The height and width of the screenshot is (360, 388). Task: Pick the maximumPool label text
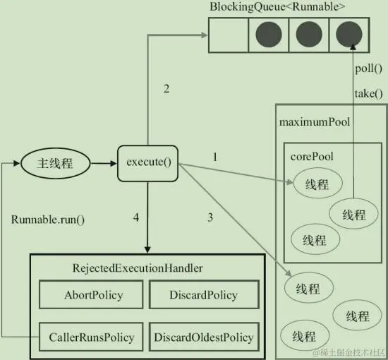315,121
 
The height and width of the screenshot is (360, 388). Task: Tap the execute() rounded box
149,162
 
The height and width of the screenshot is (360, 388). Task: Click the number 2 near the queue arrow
166,89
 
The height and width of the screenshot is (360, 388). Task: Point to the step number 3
210,217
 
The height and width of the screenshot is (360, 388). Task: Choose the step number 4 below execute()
136,217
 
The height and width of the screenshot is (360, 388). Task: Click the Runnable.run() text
48,219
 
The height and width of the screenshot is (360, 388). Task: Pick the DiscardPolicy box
203,295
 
